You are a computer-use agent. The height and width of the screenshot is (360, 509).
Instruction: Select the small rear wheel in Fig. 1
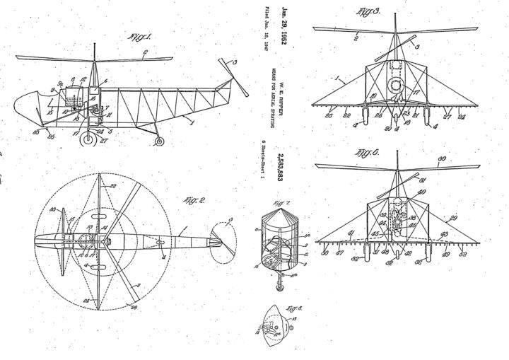(x=160, y=141)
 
